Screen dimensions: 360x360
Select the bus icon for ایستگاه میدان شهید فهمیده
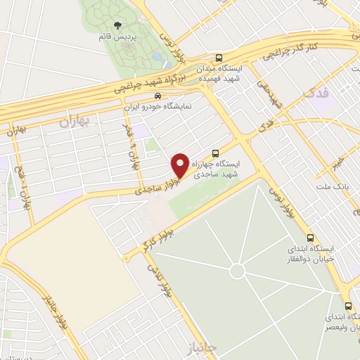pos(219,58)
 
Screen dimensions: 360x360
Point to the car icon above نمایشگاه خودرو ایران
pos(157,97)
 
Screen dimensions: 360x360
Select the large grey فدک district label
pos(314,92)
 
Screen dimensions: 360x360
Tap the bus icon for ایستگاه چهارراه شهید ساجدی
pos(216,152)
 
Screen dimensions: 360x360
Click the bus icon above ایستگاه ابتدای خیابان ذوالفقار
pos(310,238)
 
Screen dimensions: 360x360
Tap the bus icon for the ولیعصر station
pos(349,306)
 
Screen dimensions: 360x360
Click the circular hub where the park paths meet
pos(238,271)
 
